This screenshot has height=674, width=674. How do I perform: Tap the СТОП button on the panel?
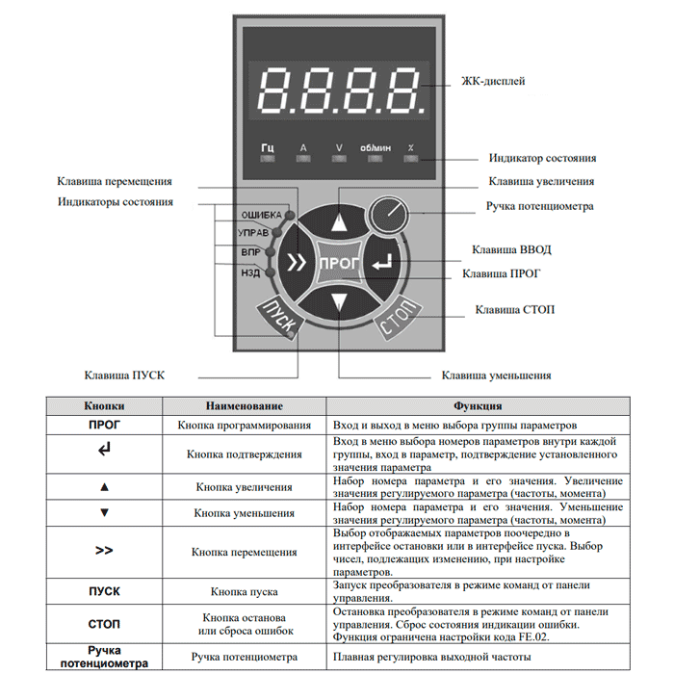pyautogui.click(x=397, y=319)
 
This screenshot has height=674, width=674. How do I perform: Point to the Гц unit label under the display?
pyautogui.click(x=268, y=148)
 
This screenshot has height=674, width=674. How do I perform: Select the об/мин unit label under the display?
pyautogui.click(x=374, y=148)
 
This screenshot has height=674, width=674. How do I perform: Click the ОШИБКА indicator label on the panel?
pyautogui.click(x=260, y=214)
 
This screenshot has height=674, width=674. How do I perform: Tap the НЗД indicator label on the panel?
pyautogui.click(x=249, y=272)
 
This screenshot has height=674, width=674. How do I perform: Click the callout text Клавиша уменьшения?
pyautogui.click(x=496, y=376)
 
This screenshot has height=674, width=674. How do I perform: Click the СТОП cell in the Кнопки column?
pyautogui.click(x=104, y=623)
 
